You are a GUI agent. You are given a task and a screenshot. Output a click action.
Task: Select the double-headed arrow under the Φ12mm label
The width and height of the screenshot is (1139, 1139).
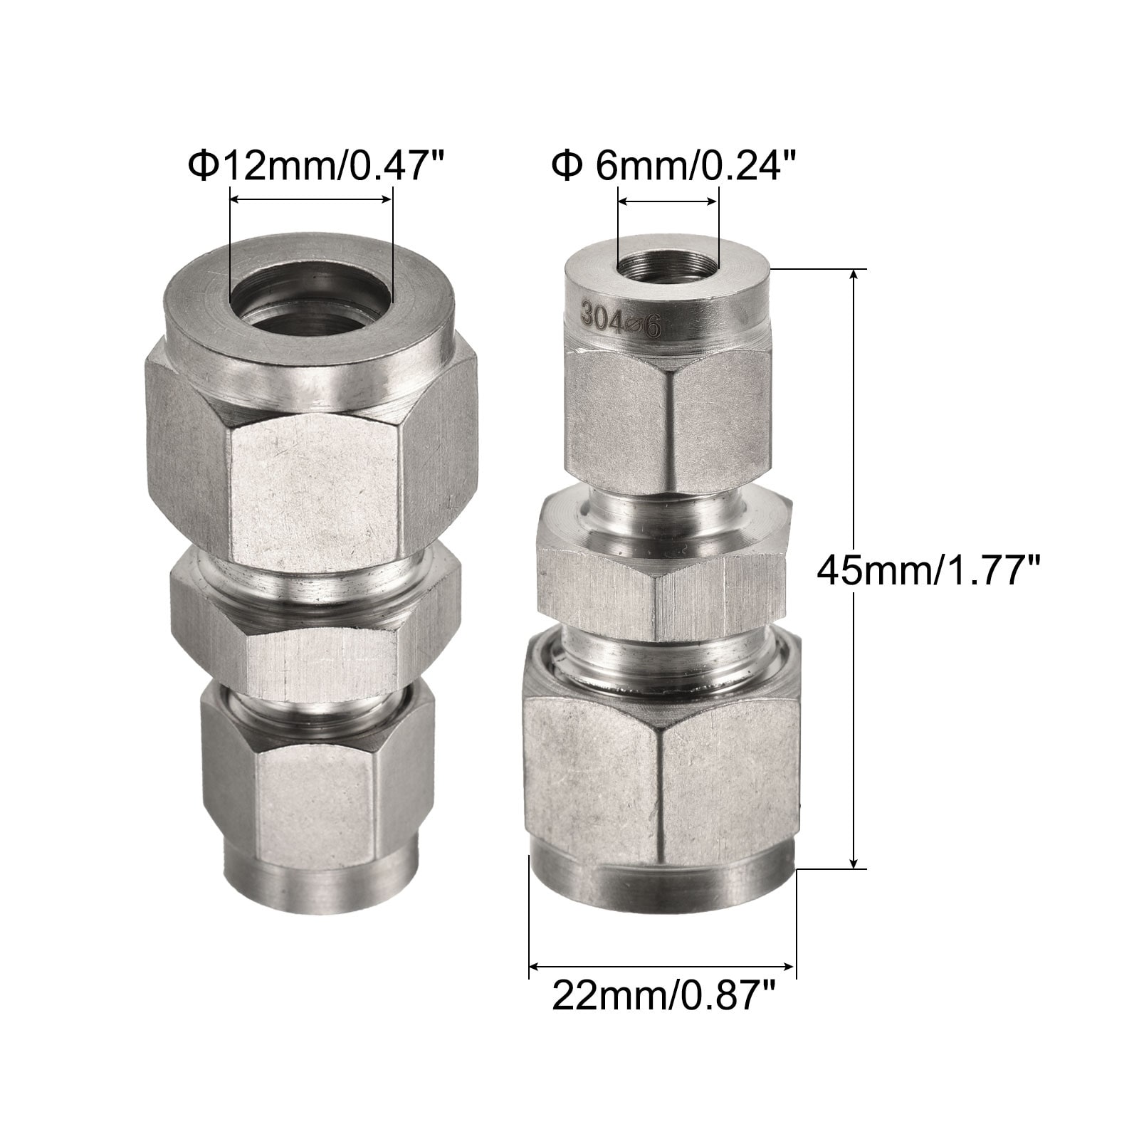tap(310, 201)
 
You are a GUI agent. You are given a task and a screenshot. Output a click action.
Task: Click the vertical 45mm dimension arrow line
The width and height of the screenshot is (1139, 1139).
tap(855, 569)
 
